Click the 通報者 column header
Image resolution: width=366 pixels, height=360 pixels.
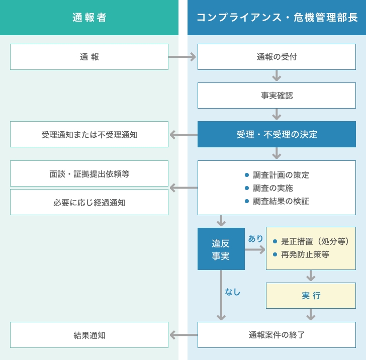pos(89,18)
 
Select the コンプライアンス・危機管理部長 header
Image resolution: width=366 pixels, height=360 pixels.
pos(277,18)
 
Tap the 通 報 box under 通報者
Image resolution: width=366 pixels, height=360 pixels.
pos(89,57)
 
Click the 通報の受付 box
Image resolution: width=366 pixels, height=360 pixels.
pos(277,57)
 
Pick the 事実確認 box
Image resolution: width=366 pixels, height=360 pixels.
pos(277,96)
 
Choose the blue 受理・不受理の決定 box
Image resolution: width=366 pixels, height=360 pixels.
pos(277,134)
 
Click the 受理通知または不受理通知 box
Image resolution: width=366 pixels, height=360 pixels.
pos(89,134)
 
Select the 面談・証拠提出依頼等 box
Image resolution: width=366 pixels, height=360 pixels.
pos(89,173)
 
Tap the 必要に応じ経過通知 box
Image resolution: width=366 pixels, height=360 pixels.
pos(89,202)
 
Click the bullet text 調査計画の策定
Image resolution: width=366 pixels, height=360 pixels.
pos(281,175)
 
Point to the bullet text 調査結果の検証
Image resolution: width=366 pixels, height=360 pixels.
pos(281,201)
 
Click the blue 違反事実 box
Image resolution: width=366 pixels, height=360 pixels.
pos(221,249)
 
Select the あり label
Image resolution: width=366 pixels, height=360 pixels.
pos(255,238)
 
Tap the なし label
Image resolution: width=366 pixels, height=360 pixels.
pos(232,292)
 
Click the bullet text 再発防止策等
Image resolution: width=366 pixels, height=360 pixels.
pos(305,254)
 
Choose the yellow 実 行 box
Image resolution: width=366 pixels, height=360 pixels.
pos(311,296)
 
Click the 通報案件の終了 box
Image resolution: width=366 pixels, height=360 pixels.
pos(277,335)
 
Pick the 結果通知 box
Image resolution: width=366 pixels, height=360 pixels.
pos(89,335)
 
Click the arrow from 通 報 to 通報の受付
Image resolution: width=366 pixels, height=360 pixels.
pos(182,57)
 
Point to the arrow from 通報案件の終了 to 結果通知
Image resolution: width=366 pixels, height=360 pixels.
pos(184,335)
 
